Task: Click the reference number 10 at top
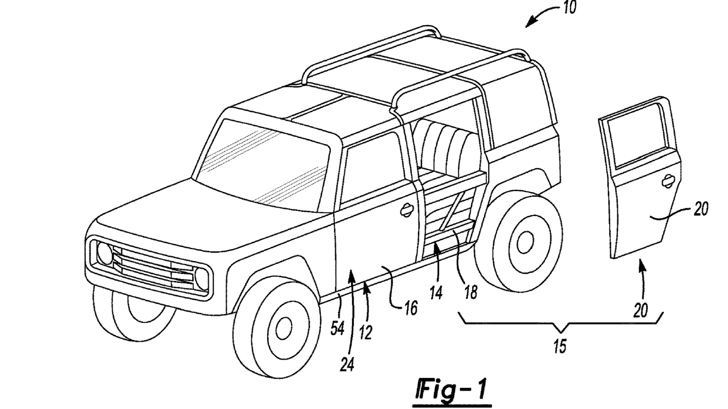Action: [x=569, y=8]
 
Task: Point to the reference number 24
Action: [x=347, y=364]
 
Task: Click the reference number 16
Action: [x=411, y=309]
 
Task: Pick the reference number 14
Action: [x=436, y=293]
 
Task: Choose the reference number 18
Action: [x=471, y=293]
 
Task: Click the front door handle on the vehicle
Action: [x=406, y=211]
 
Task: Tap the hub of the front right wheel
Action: [x=284, y=329]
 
